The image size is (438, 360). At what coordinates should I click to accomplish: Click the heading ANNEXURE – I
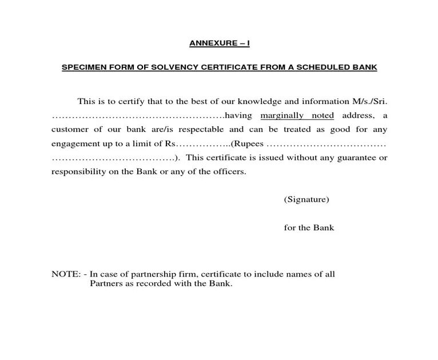[220, 43]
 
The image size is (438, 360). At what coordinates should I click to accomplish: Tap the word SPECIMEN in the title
[83, 67]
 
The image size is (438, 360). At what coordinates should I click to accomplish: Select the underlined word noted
[322, 116]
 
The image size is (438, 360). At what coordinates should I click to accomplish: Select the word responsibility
[78, 171]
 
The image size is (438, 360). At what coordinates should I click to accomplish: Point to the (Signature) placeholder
[306, 199]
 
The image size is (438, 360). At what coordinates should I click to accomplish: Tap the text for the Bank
[309, 227]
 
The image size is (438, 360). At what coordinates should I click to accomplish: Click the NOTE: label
[66, 274]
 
